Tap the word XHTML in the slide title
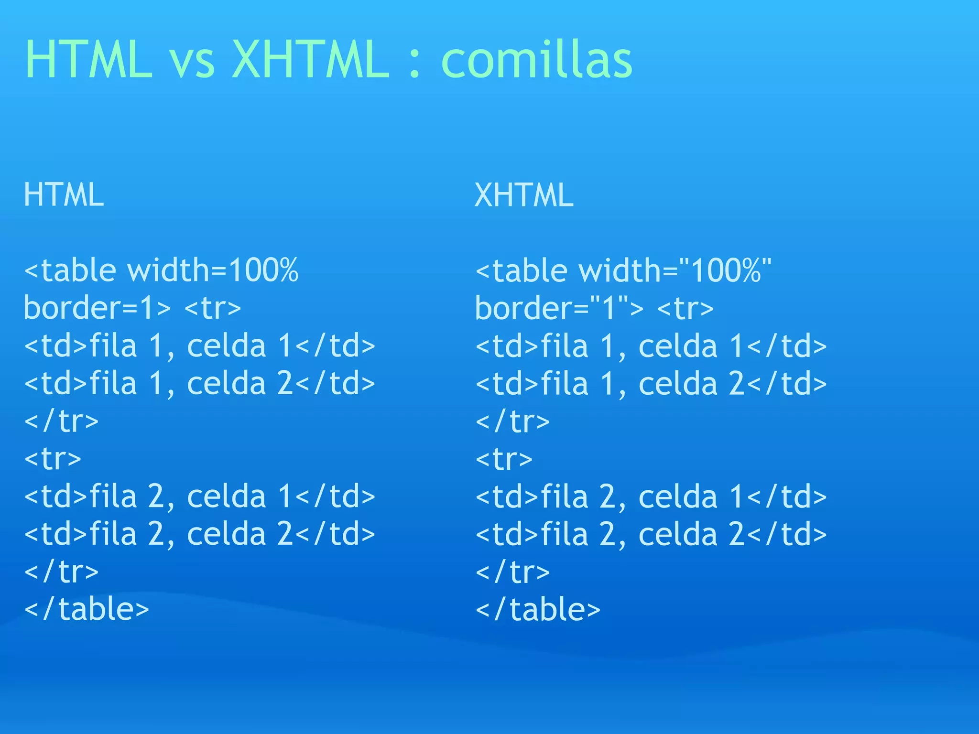pos(311,60)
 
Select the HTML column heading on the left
pos(64,194)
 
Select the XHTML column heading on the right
pos(524,195)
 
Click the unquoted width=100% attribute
pos(213,270)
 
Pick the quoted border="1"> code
pos(559,308)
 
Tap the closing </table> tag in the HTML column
pos(87,609)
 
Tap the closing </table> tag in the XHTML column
pos(538,610)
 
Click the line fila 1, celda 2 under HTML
pos(199,383)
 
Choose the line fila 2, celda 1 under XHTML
pos(651,497)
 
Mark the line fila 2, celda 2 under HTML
pos(199,534)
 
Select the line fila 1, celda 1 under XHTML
pos(651,346)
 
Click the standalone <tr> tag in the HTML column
pos(53,459)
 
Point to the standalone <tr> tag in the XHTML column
pos(504,459)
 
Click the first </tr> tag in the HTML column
pos(61,421)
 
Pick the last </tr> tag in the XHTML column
pos(512,572)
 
